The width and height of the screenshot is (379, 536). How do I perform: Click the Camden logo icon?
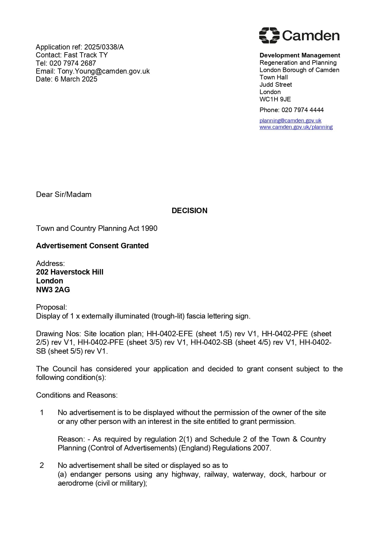pyautogui.click(x=269, y=35)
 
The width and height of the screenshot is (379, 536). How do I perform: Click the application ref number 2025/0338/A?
pyautogui.click(x=104, y=47)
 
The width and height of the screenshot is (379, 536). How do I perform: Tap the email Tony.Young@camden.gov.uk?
pyautogui.click(x=104, y=71)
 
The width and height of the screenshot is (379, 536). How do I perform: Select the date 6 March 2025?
pyautogui.click(x=76, y=79)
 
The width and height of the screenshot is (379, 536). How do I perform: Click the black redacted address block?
pyautogui.click(x=71, y=123)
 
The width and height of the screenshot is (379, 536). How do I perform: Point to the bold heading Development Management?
pyautogui.click(x=300, y=55)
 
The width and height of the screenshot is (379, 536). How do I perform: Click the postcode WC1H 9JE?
pyautogui.click(x=275, y=99)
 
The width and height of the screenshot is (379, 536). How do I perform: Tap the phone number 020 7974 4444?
pyautogui.click(x=302, y=110)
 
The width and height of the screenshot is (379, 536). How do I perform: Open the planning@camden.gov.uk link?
pyautogui.click(x=290, y=121)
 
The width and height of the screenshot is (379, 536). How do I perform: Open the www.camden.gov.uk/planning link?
pyautogui.click(x=296, y=127)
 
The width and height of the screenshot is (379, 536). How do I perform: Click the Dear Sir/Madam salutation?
pyautogui.click(x=64, y=195)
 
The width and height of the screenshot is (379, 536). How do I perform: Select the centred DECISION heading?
pyautogui.click(x=189, y=210)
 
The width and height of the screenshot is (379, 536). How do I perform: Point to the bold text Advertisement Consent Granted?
pyautogui.click(x=92, y=246)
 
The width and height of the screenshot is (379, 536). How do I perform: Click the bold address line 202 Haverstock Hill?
pyautogui.click(x=70, y=272)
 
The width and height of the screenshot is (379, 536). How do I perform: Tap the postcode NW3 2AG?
pyautogui.click(x=53, y=290)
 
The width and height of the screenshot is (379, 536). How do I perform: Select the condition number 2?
pyautogui.click(x=42, y=465)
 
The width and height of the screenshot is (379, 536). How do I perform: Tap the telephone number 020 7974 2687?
pyautogui.click(x=73, y=63)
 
